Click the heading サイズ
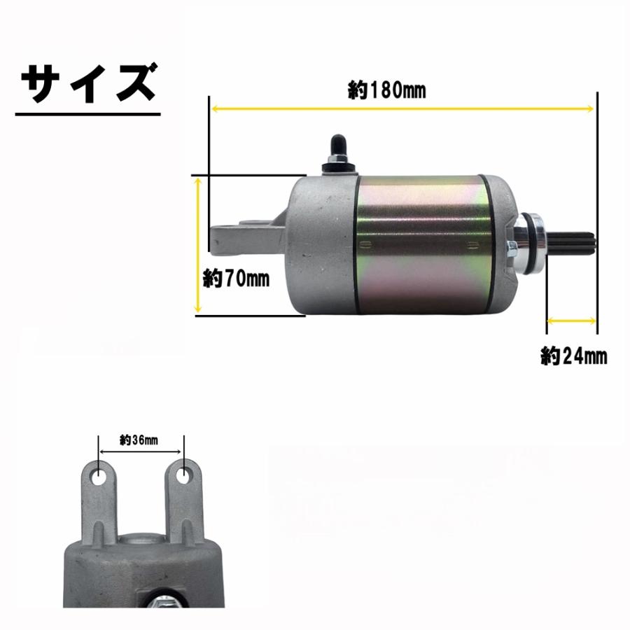coord(88,83)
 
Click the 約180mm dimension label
coord(386,90)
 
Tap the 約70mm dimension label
coord(236,278)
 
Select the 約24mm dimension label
coord(574,356)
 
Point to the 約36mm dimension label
coord(139,440)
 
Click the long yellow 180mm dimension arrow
coord(402,108)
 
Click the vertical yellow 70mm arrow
coord(197,246)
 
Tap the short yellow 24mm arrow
coord(572,321)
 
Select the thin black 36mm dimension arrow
coord(141,451)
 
